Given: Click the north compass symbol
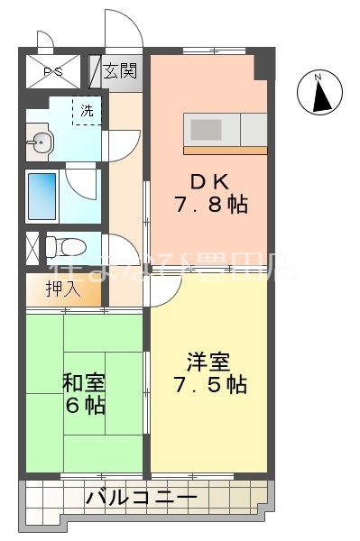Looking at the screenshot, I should (x=319, y=93).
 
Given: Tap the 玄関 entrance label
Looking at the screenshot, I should (x=119, y=70).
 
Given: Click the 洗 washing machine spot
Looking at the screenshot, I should (x=87, y=113).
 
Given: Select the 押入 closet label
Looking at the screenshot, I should (x=64, y=289).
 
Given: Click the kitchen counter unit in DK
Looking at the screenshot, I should (x=226, y=127).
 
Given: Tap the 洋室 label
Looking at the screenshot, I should (x=207, y=362).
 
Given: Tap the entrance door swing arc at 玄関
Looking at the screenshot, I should (x=123, y=27).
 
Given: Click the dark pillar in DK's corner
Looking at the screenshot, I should (x=263, y=65).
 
